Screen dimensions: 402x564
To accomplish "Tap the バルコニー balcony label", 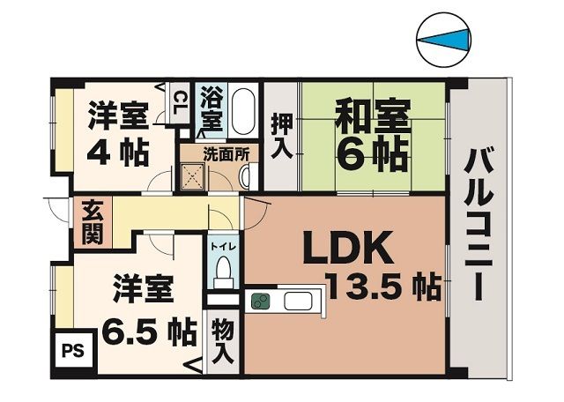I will coord(480,225).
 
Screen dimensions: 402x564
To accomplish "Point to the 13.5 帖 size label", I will coord(383,288).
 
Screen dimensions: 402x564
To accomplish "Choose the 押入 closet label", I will coord(281,134).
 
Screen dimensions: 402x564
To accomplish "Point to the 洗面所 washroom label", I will coord(226,153).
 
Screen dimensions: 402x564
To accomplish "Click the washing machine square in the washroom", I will coord(193,176).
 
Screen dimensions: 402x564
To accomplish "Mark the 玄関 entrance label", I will coord(92,222).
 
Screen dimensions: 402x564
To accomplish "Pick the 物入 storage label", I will coord(223,342).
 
